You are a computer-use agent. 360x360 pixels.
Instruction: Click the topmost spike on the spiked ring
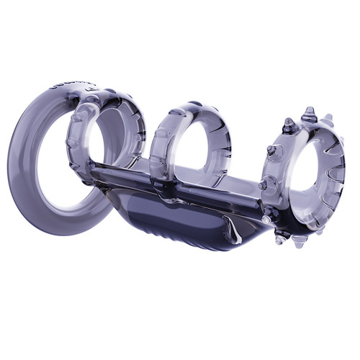pos(308,114)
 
